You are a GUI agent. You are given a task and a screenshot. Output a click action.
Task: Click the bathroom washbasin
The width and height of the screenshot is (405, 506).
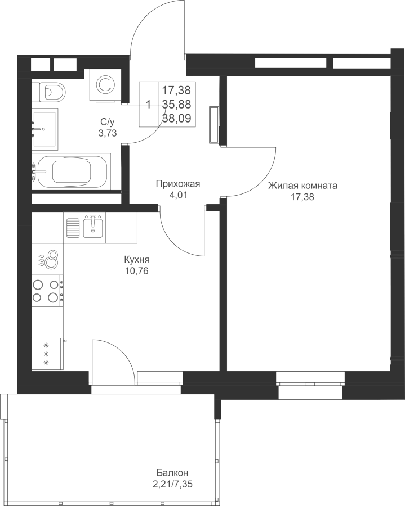coord(45,129)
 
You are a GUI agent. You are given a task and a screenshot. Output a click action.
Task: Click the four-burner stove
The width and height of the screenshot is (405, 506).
coord(47,291)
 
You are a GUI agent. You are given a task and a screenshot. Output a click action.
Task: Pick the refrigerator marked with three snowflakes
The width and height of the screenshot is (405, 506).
coord(47,354)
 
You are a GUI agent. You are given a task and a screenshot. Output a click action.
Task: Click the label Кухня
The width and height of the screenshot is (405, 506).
coord(136,260)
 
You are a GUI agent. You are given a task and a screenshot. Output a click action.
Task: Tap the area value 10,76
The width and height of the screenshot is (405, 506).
coord(137,271)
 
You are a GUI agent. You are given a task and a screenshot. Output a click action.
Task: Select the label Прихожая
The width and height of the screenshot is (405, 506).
coord(178,184)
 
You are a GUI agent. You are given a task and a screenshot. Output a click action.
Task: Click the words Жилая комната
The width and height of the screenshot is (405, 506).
coord(303,186)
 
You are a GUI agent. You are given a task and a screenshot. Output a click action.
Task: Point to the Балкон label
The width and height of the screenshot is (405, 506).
coord(172,473)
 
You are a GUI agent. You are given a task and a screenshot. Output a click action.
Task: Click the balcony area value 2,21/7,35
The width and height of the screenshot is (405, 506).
coord(174,484)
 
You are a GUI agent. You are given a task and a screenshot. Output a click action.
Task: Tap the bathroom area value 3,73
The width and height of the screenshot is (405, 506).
coord(108,133)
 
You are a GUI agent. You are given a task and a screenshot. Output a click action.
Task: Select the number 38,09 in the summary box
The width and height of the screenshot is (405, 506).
coord(177,119)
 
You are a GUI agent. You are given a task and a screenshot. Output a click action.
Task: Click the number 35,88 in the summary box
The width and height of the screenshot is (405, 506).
coord(176,105)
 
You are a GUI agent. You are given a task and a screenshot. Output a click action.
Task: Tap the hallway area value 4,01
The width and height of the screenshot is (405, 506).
coord(178,195)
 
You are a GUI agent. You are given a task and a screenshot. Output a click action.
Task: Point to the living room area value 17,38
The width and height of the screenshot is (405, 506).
coord(302,197)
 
